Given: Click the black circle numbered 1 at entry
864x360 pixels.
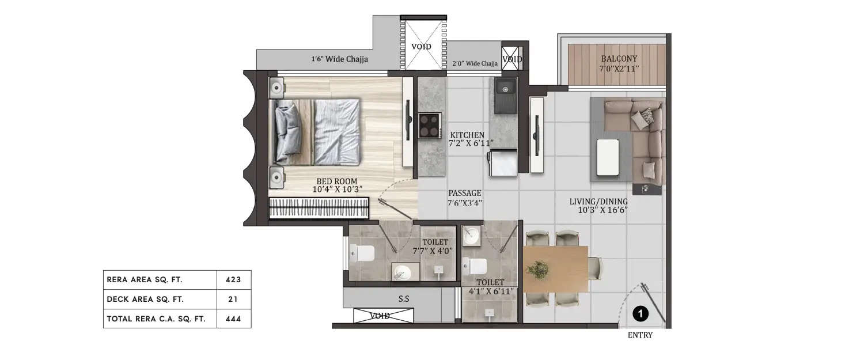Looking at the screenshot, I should click(x=641, y=314).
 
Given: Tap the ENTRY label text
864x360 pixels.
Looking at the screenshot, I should click(x=640, y=335).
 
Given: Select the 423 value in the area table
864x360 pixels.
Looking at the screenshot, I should click(x=234, y=280).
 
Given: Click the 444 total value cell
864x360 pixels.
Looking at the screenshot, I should click(x=234, y=318).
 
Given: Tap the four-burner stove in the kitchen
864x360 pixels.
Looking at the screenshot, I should click(x=429, y=124).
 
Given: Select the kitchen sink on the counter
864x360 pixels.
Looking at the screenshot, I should click(x=506, y=89).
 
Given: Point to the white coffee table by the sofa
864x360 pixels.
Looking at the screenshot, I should click(x=608, y=157).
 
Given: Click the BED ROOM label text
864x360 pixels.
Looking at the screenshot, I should click(x=337, y=181).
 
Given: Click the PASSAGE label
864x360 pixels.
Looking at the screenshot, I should click(x=464, y=194).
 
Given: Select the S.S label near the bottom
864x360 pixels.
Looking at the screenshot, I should click(x=404, y=299).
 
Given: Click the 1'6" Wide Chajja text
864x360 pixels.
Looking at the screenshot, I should click(x=339, y=59).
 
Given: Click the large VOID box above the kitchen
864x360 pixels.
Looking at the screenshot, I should click(x=424, y=46).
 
